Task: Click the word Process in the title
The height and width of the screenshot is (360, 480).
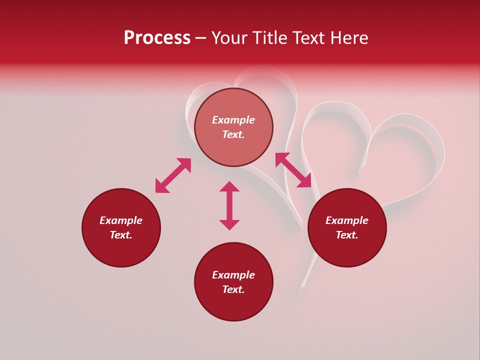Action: (157, 38)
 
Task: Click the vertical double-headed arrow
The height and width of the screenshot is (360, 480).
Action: (229, 205)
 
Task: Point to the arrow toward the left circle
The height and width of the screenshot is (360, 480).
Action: (173, 175)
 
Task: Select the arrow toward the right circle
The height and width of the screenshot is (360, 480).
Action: (293, 170)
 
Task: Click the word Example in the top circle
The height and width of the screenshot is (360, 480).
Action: (233, 120)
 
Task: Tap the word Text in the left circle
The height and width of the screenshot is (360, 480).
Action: (121, 235)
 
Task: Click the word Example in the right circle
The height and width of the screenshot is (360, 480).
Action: (347, 220)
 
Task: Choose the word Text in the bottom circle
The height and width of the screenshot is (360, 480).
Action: (233, 289)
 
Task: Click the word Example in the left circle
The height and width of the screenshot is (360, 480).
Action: (121, 220)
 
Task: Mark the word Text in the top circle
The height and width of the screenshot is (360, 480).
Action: (233, 134)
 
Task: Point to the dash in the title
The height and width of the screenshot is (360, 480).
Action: (201, 38)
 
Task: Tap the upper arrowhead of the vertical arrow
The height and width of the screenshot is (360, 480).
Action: (229, 186)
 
